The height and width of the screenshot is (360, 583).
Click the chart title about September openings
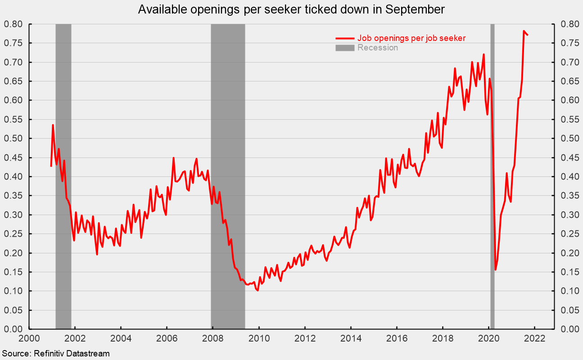click(x=291, y=10)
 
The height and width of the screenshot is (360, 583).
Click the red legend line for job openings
click(x=345, y=38)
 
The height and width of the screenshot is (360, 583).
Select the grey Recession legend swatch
click(x=345, y=48)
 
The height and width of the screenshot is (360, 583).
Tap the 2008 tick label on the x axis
click(x=213, y=338)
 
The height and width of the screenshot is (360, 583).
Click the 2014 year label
click(x=351, y=338)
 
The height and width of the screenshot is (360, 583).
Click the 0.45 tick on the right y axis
click(x=567, y=157)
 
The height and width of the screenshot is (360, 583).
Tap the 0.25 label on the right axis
click(x=567, y=234)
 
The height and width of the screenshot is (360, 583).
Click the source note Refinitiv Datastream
click(x=55, y=354)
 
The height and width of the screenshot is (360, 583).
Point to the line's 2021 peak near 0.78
click(x=524, y=31)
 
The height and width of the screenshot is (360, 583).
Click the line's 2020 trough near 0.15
click(x=495, y=270)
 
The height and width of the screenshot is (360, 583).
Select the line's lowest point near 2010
click(x=258, y=291)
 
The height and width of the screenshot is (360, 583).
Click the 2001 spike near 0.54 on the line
click(x=53, y=125)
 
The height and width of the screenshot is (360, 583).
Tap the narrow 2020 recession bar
click(x=492, y=180)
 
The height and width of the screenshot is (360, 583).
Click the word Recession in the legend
click(x=378, y=48)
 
